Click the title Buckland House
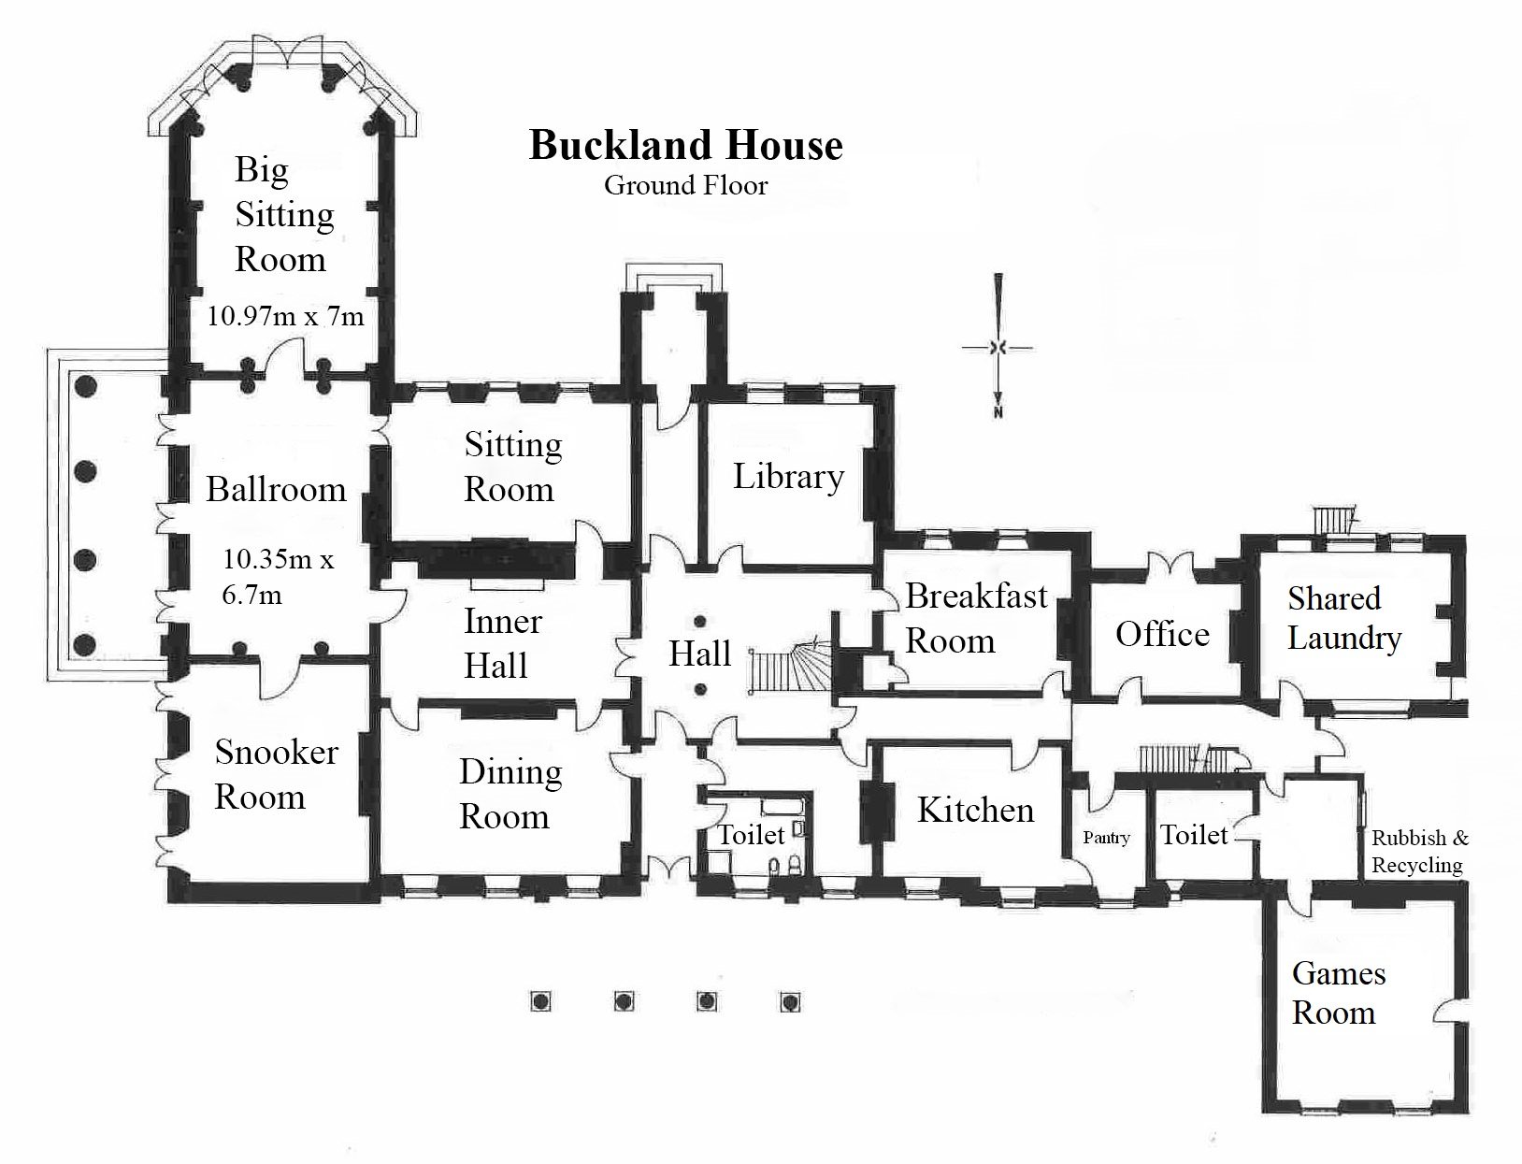click(685, 146)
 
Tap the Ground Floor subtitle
click(685, 185)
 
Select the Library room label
click(788, 477)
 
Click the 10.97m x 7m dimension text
click(285, 316)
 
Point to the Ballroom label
click(276, 490)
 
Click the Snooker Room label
click(276, 774)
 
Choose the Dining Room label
click(510, 794)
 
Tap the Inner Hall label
click(502, 643)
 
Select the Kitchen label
click(975, 811)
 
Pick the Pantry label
click(1106, 838)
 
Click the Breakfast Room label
click(975, 618)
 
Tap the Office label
click(1162, 635)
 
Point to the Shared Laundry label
click(1343, 618)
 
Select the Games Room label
click(1338, 993)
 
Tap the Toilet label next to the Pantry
click(1193, 834)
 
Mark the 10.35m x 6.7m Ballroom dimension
click(278, 577)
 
